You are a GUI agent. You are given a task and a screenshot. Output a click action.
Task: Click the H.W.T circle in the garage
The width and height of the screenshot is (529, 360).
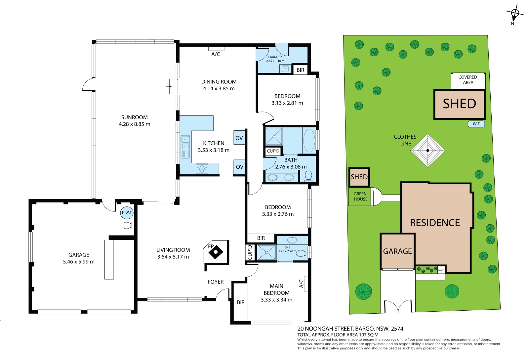pyautogui.click(x=127, y=212)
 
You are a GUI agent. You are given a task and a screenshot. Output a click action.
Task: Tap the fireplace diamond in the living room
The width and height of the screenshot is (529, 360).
pyautogui.click(x=216, y=252)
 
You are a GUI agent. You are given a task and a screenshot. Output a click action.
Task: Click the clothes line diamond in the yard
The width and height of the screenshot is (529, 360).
pyautogui.click(x=428, y=151)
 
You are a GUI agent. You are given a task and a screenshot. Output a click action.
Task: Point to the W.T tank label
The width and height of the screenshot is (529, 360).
pyautogui.click(x=476, y=124)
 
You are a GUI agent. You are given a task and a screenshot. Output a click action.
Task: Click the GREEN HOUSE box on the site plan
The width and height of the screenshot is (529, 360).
pyautogui.click(x=360, y=197)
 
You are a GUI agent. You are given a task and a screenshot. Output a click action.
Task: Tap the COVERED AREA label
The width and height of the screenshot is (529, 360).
pyautogui.click(x=468, y=80)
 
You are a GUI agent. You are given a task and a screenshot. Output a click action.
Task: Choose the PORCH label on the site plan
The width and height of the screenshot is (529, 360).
pyautogui.click(x=441, y=270)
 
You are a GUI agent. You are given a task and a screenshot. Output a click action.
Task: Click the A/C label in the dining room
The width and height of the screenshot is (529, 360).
pyautogui.click(x=216, y=54)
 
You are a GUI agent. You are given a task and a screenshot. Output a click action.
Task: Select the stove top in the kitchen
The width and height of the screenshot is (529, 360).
pyautogui.click(x=202, y=168)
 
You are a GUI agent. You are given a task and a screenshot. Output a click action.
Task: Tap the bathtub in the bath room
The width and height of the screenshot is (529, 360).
pyautogui.click(x=309, y=140)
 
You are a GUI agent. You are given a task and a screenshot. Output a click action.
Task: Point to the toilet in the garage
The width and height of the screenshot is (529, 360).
pyautogui.click(x=128, y=226)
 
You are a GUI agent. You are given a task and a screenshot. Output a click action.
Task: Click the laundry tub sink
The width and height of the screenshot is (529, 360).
pyautogui.click(x=286, y=68)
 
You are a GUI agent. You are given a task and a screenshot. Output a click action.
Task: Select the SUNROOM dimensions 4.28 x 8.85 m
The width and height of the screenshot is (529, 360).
pyautogui.click(x=134, y=124)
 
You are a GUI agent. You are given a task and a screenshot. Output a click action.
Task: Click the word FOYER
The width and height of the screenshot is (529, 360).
pyautogui.click(x=216, y=282)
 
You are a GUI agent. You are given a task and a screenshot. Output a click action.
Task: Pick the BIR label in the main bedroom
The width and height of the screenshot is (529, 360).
pyautogui.click(x=241, y=302)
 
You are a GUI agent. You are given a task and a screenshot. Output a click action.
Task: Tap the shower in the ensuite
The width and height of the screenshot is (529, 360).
pyautogui.click(x=267, y=252)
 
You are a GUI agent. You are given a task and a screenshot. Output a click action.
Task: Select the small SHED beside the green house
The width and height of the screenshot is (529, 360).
pyautogui.click(x=359, y=177)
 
